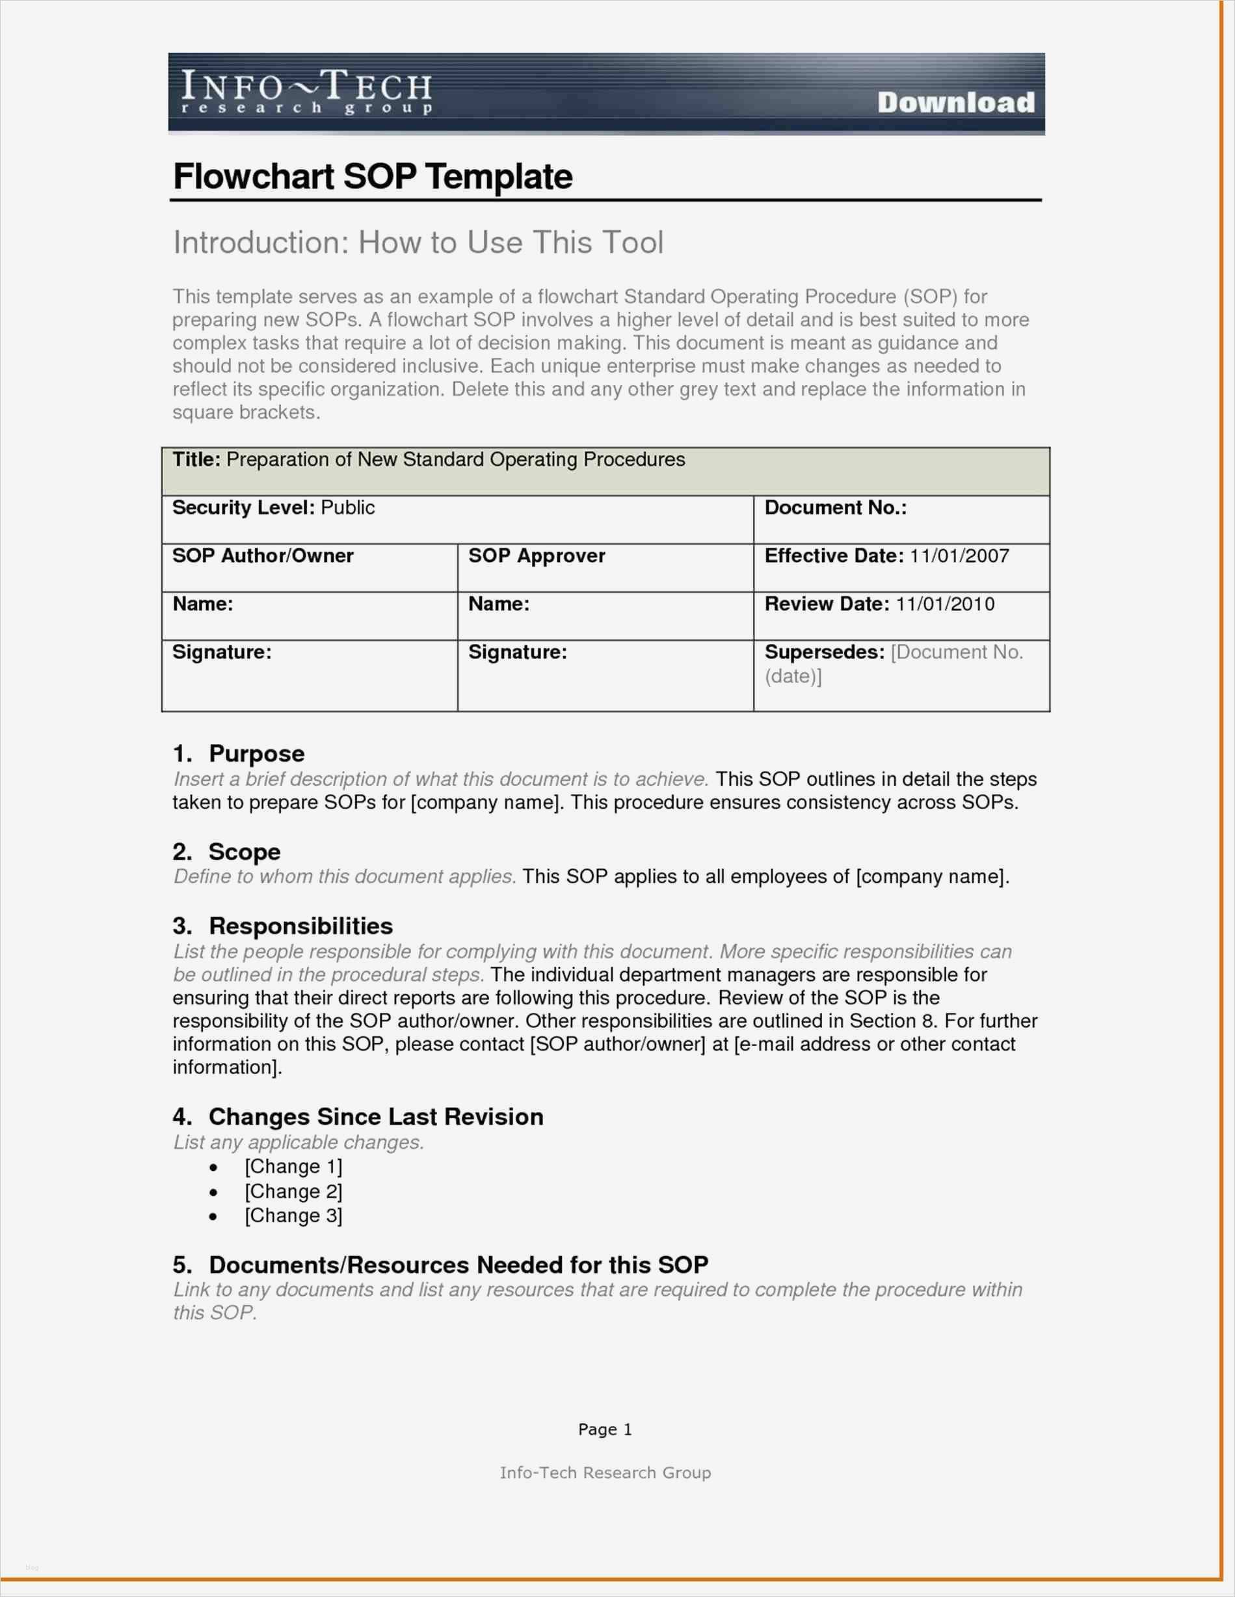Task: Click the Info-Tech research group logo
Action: click(306, 92)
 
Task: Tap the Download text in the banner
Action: click(956, 102)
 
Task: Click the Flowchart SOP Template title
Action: click(372, 176)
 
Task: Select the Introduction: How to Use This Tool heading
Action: click(418, 243)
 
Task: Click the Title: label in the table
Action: click(196, 459)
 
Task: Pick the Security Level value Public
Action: click(347, 507)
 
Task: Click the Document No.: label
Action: click(835, 507)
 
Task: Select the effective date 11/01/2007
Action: click(959, 556)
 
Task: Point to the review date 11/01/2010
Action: click(945, 604)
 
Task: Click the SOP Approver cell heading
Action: click(537, 556)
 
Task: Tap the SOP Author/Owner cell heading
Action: click(263, 556)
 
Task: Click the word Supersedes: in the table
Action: click(824, 652)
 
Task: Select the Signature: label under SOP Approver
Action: click(518, 652)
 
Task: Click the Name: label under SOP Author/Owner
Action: click(202, 604)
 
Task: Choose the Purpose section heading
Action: click(256, 754)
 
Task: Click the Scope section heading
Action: click(245, 852)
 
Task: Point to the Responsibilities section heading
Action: click(300, 926)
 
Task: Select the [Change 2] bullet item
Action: click(293, 1191)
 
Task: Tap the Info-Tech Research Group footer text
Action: click(605, 1472)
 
